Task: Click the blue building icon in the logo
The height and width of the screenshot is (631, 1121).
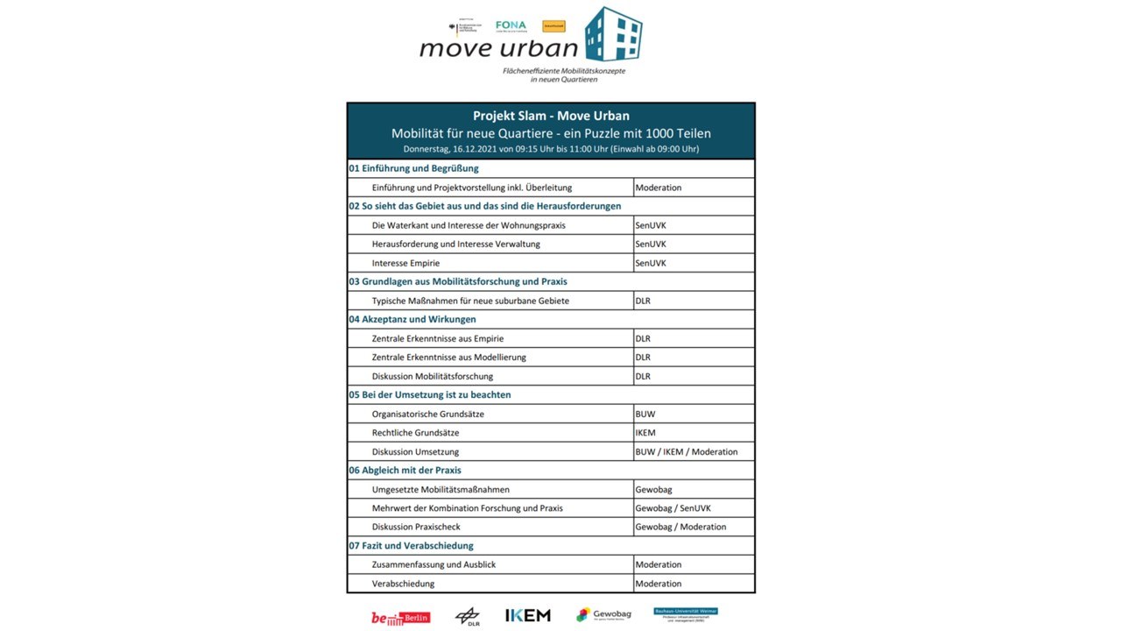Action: (x=613, y=35)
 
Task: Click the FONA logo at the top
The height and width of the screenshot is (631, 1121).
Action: (x=511, y=26)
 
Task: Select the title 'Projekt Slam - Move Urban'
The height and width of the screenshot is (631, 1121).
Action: (x=551, y=116)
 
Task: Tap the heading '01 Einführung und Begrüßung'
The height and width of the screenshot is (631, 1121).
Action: (x=414, y=168)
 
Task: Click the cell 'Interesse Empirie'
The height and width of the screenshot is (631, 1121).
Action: (x=405, y=263)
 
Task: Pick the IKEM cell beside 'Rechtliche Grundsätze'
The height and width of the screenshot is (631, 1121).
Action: (x=645, y=433)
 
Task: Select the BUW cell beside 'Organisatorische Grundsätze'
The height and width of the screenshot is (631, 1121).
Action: (x=645, y=414)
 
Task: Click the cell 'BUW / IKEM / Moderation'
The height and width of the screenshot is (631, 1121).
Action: (x=687, y=452)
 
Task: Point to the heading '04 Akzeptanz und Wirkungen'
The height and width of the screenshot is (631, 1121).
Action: (x=412, y=319)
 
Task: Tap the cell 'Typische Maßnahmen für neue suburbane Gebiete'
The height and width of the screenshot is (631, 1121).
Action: (x=470, y=301)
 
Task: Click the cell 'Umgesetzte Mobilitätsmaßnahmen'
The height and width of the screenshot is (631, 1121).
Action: (x=441, y=489)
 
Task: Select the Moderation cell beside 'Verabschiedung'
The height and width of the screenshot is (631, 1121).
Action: (x=659, y=584)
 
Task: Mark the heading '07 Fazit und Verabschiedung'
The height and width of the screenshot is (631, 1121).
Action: (x=411, y=546)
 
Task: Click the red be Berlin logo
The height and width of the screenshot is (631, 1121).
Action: (x=400, y=618)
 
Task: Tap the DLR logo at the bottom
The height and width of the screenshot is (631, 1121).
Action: (x=467, y=617)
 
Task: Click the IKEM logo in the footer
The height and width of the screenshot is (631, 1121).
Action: (x=528, y=615)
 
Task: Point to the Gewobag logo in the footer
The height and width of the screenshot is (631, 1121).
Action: (x=603, y=614)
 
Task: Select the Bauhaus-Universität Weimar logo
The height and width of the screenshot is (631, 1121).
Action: (x=686, y=615)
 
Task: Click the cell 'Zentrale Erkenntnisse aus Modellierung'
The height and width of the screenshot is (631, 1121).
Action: (x=449, y=358)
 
